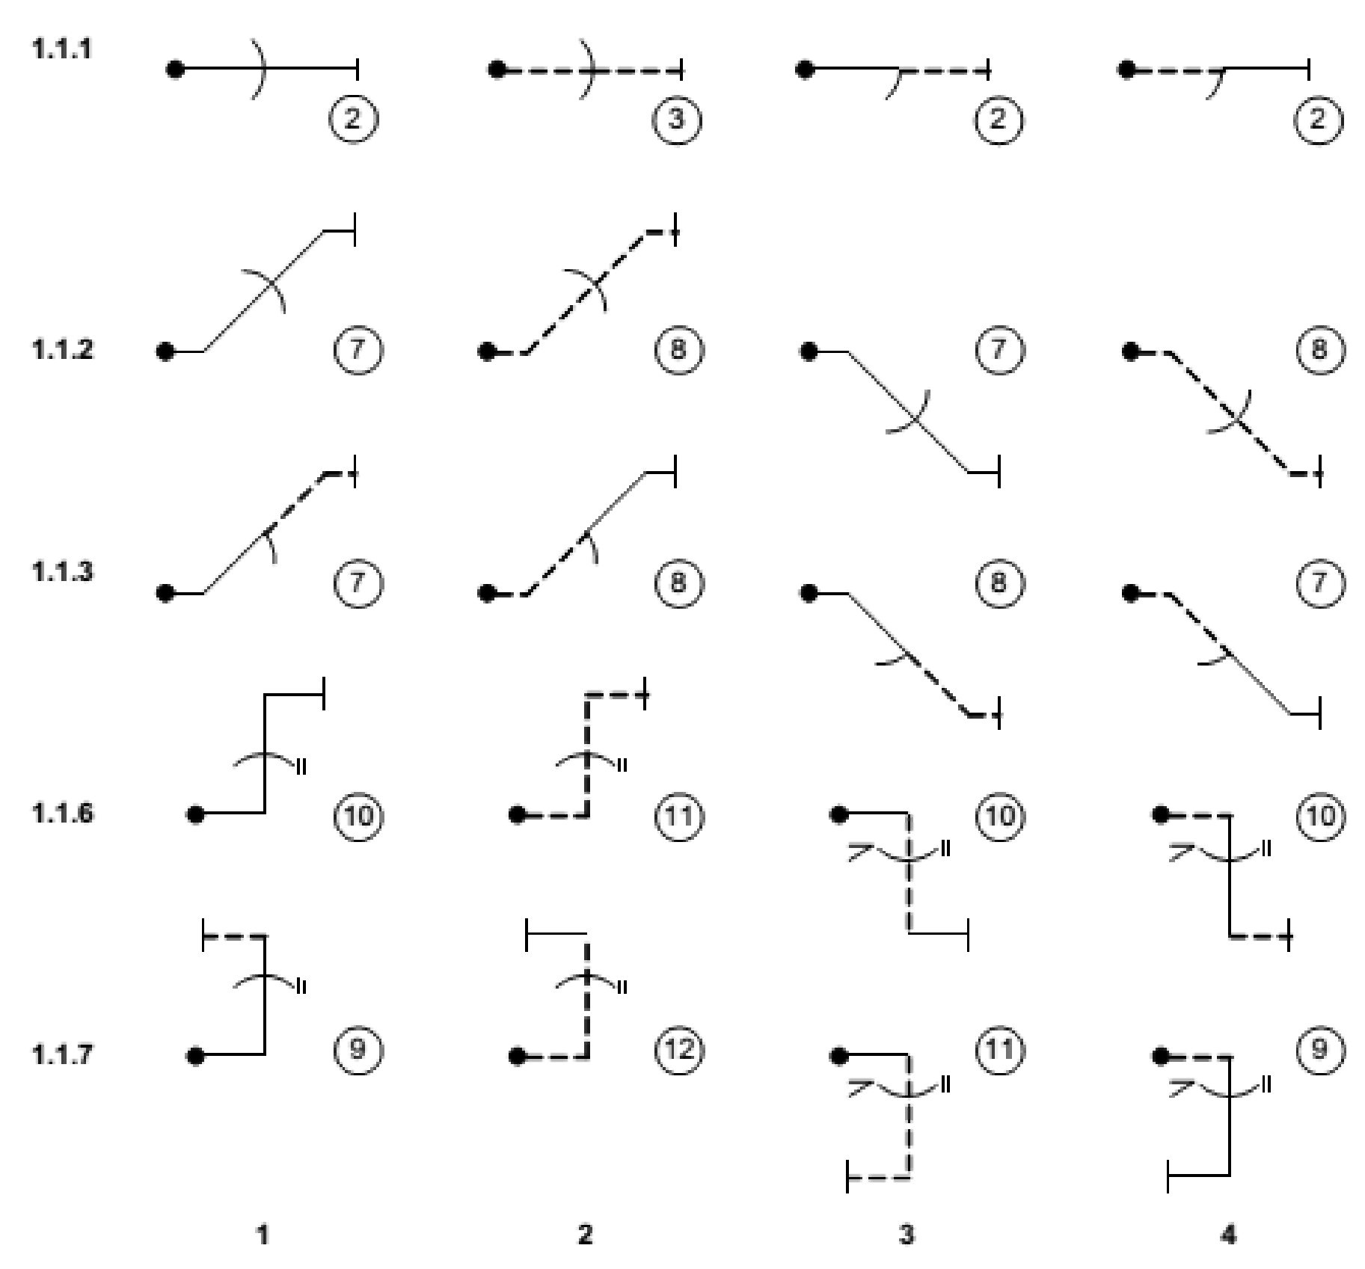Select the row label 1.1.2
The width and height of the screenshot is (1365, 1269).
click(62, 349)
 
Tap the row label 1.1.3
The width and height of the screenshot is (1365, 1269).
click(62, 572)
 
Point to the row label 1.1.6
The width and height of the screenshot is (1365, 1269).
click(62, 814)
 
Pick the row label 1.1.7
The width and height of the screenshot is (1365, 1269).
click(62, 1055)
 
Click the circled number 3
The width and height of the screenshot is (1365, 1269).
click(677, 119)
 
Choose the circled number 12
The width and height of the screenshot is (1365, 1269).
click(678, 1051)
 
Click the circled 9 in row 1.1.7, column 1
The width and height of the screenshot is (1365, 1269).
click(357, 1051)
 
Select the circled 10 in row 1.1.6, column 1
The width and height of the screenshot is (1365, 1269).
click(358, 815)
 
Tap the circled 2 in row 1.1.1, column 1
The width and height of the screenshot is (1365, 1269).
click(353, 119)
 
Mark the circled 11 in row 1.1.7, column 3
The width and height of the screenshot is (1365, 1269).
click(999, 1051)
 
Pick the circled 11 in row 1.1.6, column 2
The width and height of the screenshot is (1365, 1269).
click(678, 815)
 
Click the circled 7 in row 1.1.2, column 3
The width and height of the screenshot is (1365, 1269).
click(999, 349)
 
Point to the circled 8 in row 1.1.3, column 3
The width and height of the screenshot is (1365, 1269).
click(999, 583)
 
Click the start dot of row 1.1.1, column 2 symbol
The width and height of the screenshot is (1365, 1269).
click(496, 70)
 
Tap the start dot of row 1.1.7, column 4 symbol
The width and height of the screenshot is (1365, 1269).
click(1160, 1057)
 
